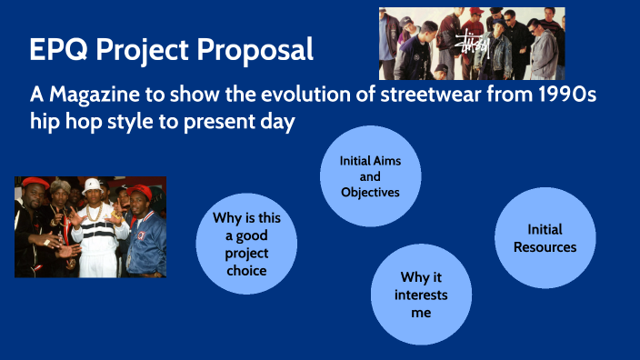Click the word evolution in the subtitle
[x=307, y=95]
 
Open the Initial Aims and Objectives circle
[x=370, y=175]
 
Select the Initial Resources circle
[x=545, y=238]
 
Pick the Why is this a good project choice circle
[x=246, y=241]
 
